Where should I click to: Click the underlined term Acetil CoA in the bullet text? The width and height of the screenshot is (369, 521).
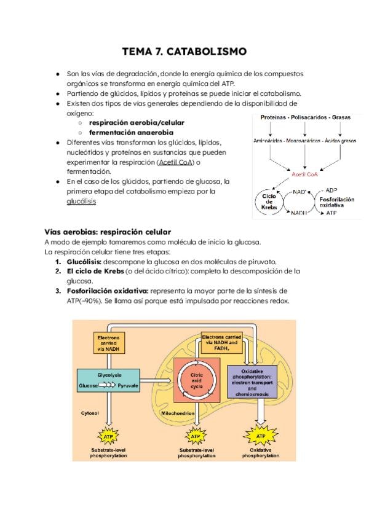coord(175,162)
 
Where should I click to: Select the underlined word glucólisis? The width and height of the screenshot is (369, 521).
coord(82,201)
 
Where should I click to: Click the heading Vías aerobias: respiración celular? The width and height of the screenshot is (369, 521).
coord(108,232)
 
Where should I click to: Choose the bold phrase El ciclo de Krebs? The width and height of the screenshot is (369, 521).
coord(95,271)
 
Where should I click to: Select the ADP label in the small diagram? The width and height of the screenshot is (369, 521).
coord(331,190)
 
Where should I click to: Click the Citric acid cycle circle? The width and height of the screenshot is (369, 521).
coord(195,380)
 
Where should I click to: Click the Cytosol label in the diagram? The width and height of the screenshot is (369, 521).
coord(90,413)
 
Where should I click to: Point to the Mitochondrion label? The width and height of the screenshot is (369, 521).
coord(178,413)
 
